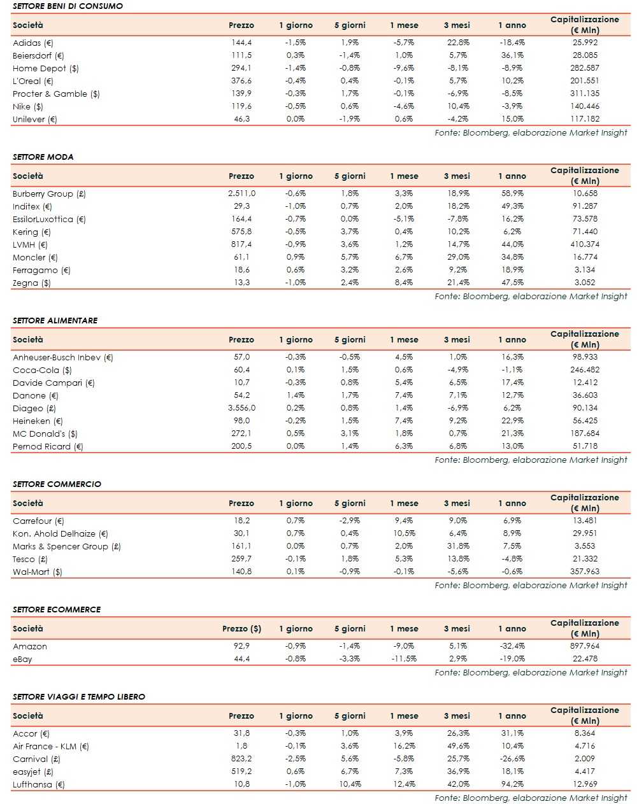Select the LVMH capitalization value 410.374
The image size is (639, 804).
pyautogui.click(x=584, y=244)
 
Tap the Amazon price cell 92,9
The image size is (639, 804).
pyautogui.click(x=241, y=646)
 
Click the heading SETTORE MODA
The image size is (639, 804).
pyautogui.click(x=43, y=157)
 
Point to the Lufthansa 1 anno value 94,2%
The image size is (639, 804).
pyautogui.click(x=512, y=784)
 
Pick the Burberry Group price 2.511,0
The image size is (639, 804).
pyautogui.click(x=241, y=194)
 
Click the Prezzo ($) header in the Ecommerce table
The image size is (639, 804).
pyautogui.click(x=241, y=629)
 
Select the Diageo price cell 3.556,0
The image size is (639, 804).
pyautogui.click(x=241, y=408)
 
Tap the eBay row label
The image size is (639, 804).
pyautogui.click(x=22, y=659)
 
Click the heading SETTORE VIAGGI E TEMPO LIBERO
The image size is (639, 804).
pyautogui.click(x=78, y=696)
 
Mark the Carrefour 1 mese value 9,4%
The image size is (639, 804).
pyautogui.click(x=404, y=521)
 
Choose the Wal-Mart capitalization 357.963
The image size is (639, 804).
pyautogui.click(x=584, y=572)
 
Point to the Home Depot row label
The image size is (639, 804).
pyautogui.click(x=45, y=68)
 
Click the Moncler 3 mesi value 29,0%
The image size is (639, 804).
pyautogui.click(x=458, y=257)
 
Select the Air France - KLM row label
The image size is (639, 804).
pyautogui.click(x=50, y=746)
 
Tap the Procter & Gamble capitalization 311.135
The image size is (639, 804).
pyautogui.click(x=584, y=94)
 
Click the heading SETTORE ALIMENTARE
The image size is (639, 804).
pyautogui.click(x=55, y=320)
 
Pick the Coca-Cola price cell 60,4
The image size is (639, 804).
pyautogui.click(x=241, y=370)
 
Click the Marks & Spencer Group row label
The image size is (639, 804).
pyautogui.click(x=66, y=546)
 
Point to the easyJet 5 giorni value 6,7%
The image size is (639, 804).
pyautogui.click(x=350, y=772)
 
